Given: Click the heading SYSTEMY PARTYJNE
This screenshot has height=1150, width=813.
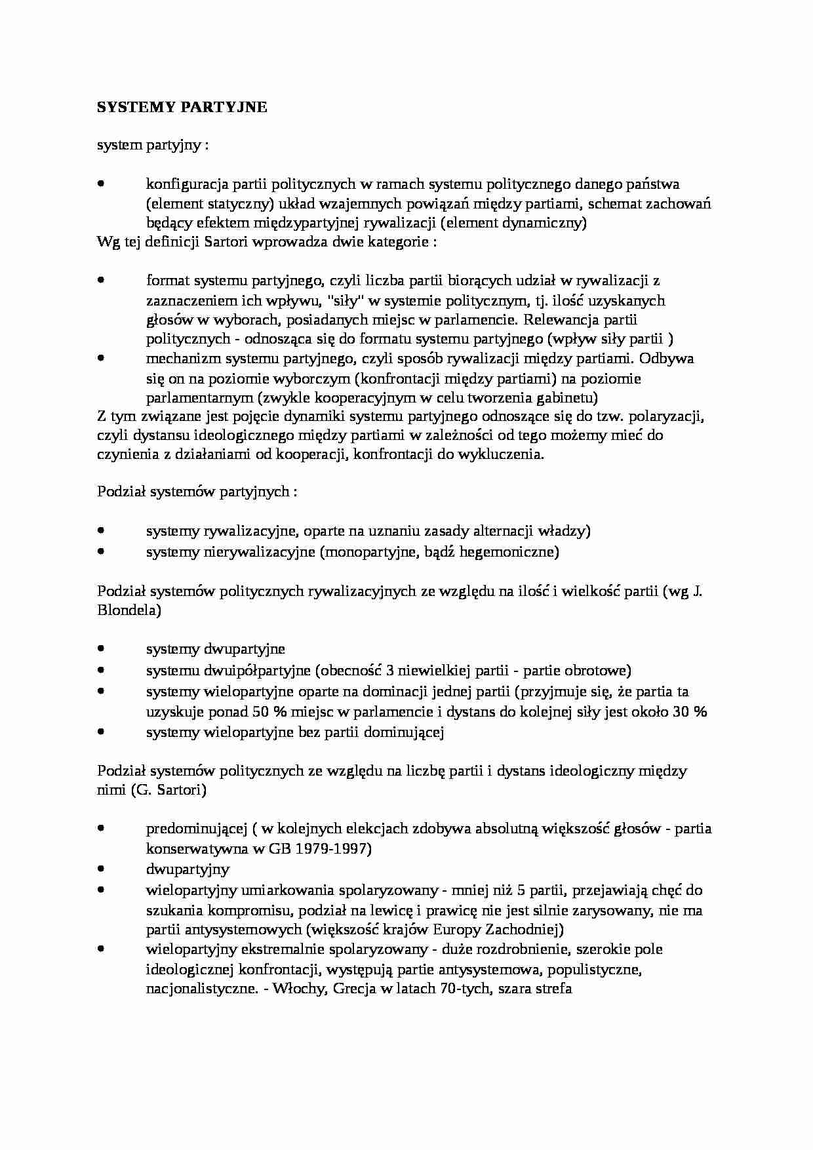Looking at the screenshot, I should pyautogui.click(x=182, y=108).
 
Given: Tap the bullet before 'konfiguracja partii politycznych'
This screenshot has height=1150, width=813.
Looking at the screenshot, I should pyautogui.click(x=101, y=184).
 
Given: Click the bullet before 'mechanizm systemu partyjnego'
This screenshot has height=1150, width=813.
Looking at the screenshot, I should pyautogui.click(x=101, y=359).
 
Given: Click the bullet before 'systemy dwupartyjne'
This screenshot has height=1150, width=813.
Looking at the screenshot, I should pyautogui.click(x=101, y=649).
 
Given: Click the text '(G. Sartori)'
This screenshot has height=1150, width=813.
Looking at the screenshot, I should pyautogui.click(x=169, y=790).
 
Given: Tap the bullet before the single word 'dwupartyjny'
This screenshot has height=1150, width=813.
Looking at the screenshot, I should pyautogui.click(x=101, y=869).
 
